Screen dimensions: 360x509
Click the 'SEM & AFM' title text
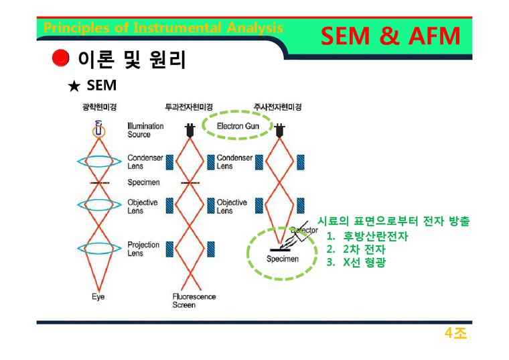[390, 36]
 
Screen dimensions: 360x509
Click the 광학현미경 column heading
[99, 107]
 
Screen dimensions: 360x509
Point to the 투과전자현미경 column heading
[189, 107]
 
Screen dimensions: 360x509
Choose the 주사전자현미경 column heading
[277, 107]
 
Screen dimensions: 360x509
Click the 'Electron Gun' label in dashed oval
[238, 126]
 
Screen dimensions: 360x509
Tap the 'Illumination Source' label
[145, 130]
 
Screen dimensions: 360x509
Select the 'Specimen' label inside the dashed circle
[283, 259]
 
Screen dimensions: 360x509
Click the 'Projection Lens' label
[143, 249]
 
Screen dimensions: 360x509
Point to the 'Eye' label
[98, 296]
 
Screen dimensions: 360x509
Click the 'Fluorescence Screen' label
[194, 300]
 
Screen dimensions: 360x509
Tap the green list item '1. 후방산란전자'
[367, 236]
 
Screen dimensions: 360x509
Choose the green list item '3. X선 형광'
[356, 262]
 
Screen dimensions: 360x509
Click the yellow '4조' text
[455, 333]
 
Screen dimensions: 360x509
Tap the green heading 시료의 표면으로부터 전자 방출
[393, 222]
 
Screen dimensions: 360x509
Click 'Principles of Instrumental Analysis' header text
[163, 28]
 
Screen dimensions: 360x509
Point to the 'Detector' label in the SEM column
[303, 231]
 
